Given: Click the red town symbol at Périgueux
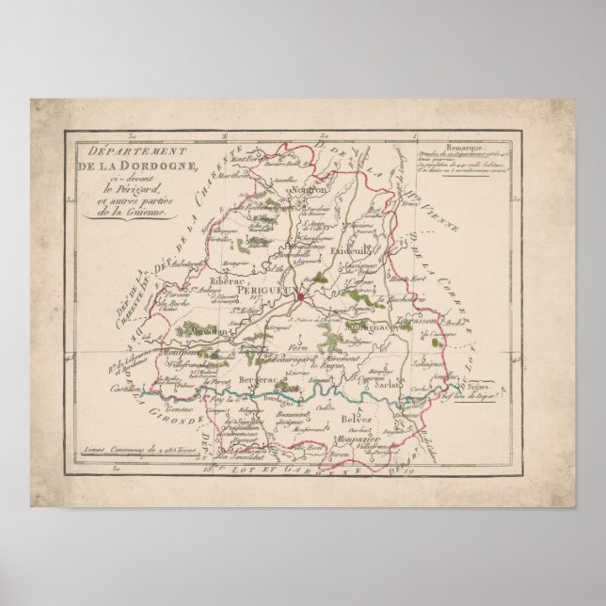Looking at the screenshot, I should click(299, 298).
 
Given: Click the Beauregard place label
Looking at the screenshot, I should click(301, 359).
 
